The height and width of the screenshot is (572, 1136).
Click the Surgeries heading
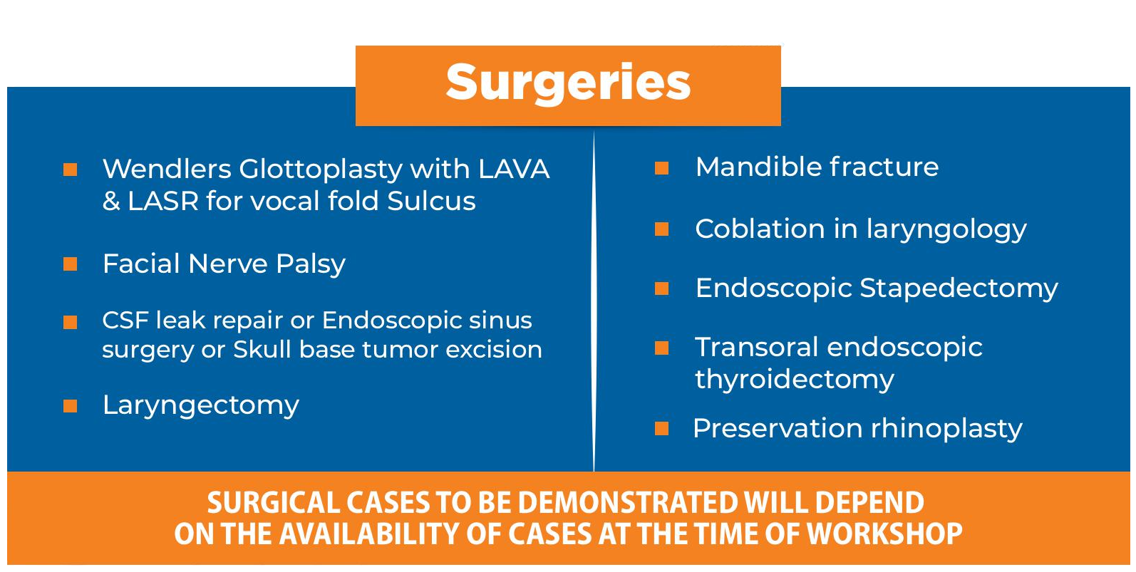coord(568,83)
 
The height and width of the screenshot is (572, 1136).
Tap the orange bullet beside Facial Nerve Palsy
coord(70,264)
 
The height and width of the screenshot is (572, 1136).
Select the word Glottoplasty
coord(321,170)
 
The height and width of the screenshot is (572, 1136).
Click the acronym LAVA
coord(514,169)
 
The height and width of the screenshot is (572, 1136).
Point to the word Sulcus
coord(431,201)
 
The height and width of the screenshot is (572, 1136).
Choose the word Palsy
coord(311,265)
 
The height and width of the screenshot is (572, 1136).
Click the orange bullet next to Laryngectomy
coord(70,406)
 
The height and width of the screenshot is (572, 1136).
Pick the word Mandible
coord(758,167)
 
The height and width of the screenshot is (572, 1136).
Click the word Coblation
coord(760,229)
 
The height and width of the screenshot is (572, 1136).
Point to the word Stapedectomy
coord(959,290)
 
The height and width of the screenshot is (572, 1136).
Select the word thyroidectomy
coord(794,380)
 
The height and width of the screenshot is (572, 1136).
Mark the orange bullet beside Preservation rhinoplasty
coord(662,429)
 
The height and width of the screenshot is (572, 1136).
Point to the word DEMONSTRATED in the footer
coord(628,502)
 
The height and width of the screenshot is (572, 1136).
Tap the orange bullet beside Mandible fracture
coord(662,168)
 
